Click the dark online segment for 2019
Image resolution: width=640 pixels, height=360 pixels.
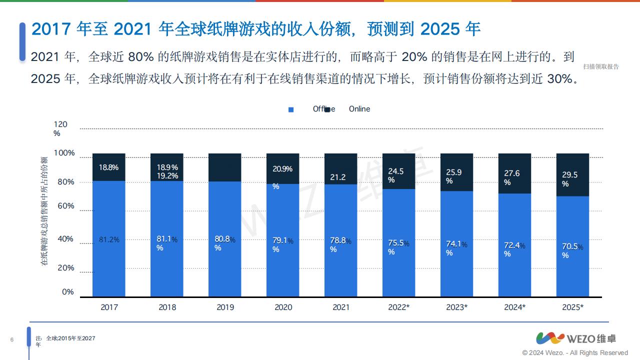coord(225,167)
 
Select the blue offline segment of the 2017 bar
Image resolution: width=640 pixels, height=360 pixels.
coord(109,260)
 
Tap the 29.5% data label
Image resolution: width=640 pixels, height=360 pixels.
coord(569,174)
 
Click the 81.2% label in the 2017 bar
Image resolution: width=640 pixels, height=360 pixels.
coord(109,239)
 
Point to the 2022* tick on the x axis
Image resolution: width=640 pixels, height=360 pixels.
coord(398,307)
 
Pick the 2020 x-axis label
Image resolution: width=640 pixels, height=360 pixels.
coord(283,307)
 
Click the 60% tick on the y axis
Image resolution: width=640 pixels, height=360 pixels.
coord(65,205)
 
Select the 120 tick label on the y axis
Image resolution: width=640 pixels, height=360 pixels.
coord(60,124)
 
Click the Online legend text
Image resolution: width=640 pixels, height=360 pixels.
coord(359,109)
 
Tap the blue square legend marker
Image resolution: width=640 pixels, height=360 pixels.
coord(291,109)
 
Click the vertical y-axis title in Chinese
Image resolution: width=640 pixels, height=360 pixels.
coord(45,210)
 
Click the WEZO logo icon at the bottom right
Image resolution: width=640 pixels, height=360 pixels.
coord(550,338)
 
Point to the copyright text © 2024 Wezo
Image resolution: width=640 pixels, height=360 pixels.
coord(575,352)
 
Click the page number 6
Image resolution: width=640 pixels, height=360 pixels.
coord(11,340)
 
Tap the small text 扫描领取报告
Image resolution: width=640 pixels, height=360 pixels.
coord(600,66)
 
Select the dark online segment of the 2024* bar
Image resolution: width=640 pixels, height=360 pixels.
coord(514,173)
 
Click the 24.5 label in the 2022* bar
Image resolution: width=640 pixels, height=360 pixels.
coord(395,171)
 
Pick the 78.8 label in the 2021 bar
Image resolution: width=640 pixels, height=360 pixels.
coord(338,240)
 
